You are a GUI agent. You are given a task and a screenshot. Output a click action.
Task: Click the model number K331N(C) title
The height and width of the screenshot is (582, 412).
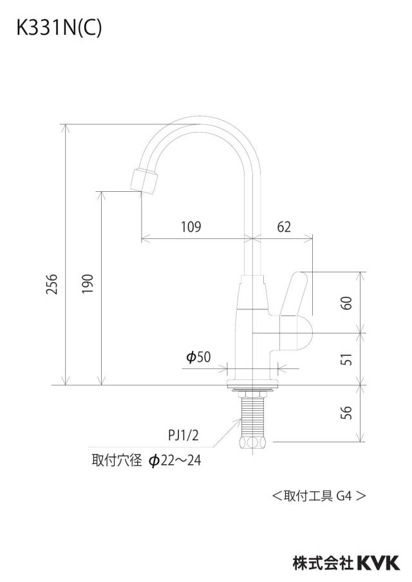tap(59, 28)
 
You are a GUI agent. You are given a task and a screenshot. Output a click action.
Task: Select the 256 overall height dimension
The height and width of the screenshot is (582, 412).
tap(52, 284)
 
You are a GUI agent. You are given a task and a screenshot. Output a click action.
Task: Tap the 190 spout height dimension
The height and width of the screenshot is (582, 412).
tap(88, 284)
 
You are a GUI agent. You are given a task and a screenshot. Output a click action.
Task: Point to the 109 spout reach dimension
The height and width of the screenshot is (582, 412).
tap(191, 227)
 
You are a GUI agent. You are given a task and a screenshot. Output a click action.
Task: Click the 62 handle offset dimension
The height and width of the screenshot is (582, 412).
tap(284, 227)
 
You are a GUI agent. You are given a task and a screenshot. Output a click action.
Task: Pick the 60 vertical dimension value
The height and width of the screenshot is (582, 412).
tap(346, 303)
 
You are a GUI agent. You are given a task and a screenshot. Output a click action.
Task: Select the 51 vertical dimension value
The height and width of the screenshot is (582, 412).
tap(346, 359)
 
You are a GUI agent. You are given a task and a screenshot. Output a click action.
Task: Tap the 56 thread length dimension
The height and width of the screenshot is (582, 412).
tap(346, 413)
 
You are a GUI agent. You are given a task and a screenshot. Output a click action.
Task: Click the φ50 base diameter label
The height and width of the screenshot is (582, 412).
tap(198, 357)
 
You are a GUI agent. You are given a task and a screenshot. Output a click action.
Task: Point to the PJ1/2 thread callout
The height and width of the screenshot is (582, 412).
tap(183, 435)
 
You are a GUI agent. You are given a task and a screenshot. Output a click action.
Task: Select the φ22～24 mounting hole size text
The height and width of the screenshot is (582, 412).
tap(174, 460)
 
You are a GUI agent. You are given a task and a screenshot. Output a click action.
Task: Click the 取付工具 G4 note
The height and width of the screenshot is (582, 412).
tap(319, 496)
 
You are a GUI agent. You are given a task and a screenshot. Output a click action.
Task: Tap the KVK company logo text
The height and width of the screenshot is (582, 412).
tap(379, 563)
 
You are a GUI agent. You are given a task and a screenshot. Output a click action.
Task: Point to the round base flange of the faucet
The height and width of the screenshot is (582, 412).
tap(252, 382)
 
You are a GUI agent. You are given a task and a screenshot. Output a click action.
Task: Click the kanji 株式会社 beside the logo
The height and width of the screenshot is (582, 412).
tap(323, 563)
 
